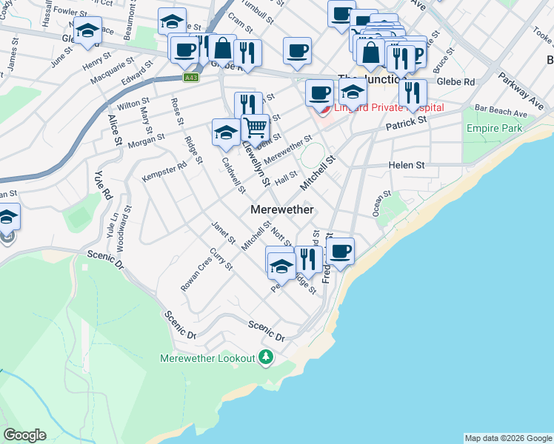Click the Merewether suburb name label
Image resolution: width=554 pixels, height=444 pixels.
[x=282, y=210]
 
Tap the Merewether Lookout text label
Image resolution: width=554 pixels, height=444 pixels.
[x=207, y=359]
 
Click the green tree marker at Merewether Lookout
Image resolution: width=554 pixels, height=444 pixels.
[x=266, y=358]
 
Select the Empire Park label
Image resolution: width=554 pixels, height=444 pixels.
[x=494, y=129]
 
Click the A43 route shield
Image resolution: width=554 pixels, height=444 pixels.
[x=192, y=77]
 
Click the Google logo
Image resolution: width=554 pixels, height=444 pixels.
[x=24, y=435]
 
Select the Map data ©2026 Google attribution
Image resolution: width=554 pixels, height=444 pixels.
[x=508, y=438]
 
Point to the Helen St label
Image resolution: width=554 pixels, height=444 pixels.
[x=407, y=165]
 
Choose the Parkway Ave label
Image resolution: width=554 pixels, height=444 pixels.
[x=520, y=91]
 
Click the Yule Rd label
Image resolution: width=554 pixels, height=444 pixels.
[x=102, y=185]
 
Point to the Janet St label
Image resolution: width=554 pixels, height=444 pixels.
[x=223, y=235]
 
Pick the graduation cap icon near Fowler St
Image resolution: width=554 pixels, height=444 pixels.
[x=87, y=30]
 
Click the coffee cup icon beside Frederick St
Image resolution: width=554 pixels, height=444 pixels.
[x=340, y=252]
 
